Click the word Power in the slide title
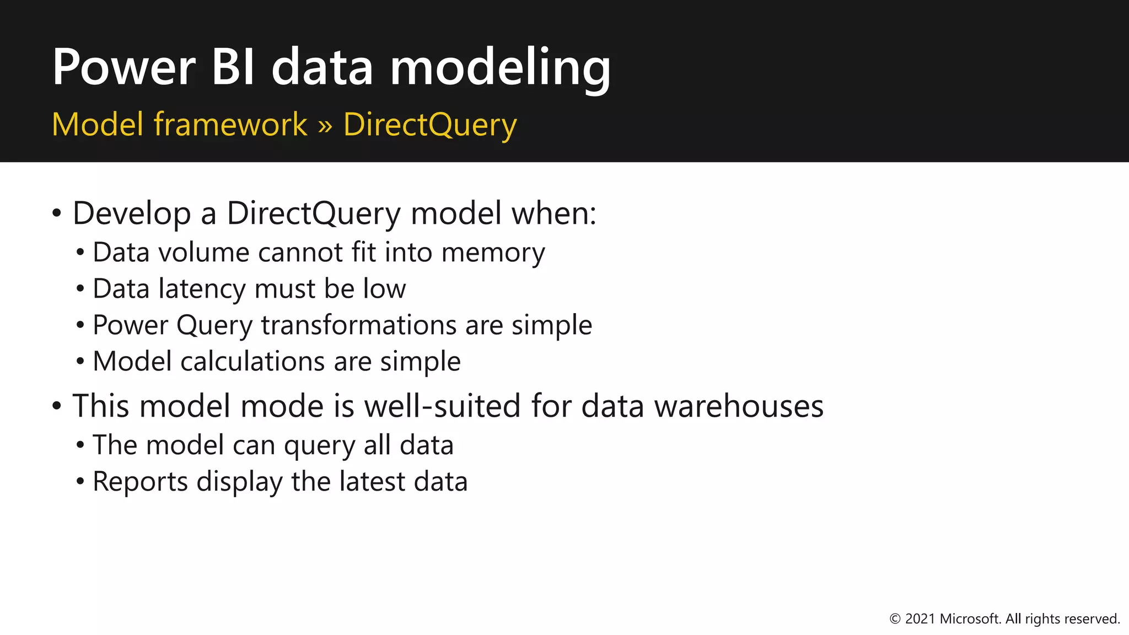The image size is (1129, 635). (123, 67)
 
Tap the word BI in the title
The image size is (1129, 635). (233, 67)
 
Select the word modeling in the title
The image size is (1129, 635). (500, 68)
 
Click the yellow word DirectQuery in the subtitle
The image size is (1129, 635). (430, 125)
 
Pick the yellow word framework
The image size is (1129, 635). (230, 124)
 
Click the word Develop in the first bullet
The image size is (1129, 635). (132, 214)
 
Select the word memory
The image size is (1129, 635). (493, 253)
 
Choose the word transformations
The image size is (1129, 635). (359, 325)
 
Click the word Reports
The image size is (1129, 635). (141, 482)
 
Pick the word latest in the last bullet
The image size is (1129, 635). (372, 482)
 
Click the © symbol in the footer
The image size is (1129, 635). (895, 619)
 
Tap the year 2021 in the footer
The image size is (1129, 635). (920, 619)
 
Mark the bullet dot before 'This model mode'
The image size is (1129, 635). (57, 406)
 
